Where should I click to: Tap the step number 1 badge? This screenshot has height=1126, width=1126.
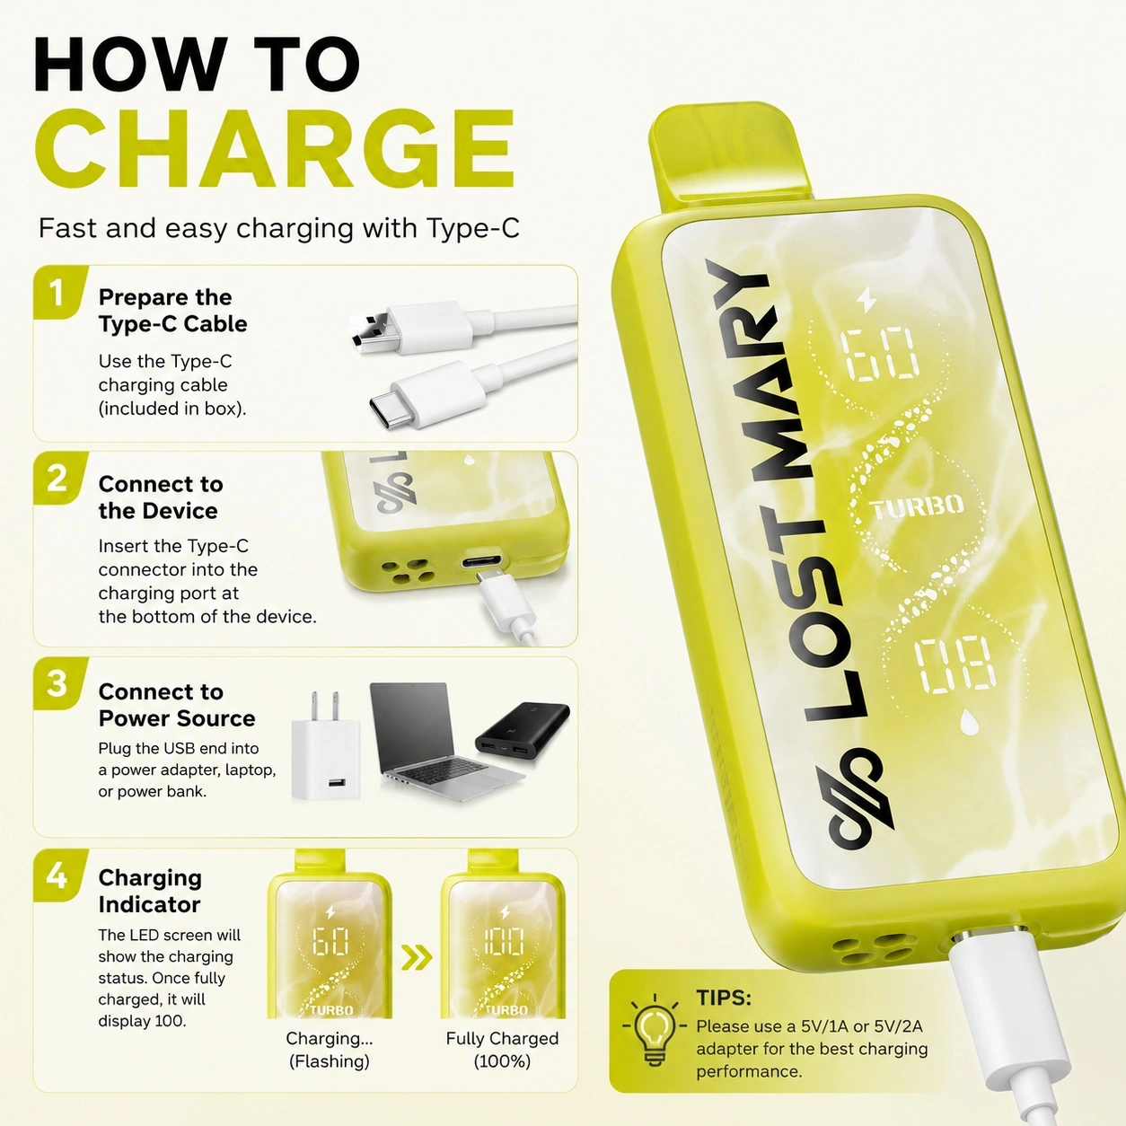click(57, 292)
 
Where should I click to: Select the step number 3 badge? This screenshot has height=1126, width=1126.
click(57, 683)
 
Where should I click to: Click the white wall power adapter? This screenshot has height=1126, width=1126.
click(325, 747)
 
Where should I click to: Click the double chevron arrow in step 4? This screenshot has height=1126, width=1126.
click(417, 956)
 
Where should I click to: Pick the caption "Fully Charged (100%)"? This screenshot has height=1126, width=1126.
click(502, 1050)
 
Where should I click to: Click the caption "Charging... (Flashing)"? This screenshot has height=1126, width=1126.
click(330, 1050)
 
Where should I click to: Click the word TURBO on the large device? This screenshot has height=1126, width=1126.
click(918, 506)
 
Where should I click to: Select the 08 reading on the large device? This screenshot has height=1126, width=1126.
click(954, 665)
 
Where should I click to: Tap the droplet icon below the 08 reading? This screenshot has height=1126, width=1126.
click(970, 725)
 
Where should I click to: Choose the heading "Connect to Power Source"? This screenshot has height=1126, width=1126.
click(177, 705)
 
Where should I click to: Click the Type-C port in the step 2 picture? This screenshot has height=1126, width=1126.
click(481, 563)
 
